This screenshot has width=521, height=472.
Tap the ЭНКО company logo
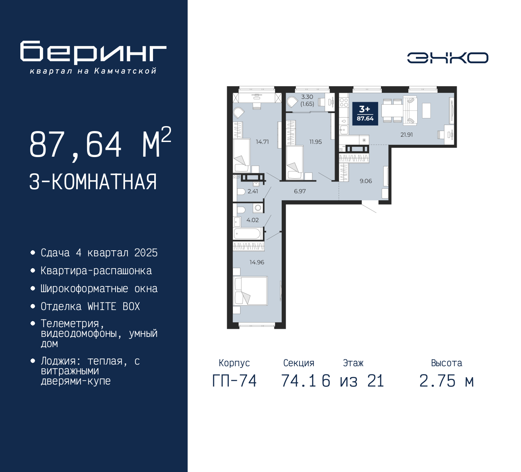pos(447,58)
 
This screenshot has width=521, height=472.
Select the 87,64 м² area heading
pos(100,145)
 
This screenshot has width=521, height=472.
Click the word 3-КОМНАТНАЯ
pos(93,182)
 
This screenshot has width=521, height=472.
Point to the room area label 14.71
pos(262,142)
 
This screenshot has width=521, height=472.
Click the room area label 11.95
pos(315,142)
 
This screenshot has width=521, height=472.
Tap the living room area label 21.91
pos(407,135)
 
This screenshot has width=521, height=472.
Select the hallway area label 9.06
pos(366,181)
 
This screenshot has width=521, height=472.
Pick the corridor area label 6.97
pos(300,191)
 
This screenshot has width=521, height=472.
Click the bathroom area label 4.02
pos(252,220)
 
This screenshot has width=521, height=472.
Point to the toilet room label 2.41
pos(253,191)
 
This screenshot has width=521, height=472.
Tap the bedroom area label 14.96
pos(257,262)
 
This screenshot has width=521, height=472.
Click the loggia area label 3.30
pos(307,97)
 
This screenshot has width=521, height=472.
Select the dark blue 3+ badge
pos(365,114)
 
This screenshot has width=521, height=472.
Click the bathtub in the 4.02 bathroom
pos(247,234)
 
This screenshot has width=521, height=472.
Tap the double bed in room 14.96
pos(250,291)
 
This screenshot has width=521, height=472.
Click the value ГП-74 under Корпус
pos(234,381)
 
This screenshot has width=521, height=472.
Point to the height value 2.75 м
pos(447,381)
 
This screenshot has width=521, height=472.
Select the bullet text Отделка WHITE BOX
pos(90,306)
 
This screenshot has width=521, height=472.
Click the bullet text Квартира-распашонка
pos(96,271)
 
